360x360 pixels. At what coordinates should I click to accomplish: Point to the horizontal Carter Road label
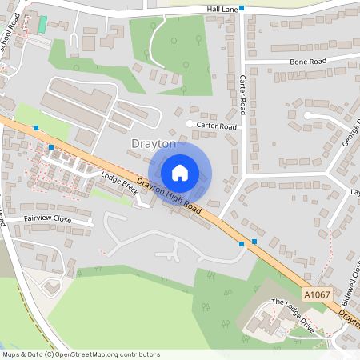[218, 126]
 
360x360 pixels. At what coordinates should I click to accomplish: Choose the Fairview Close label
[48, 218]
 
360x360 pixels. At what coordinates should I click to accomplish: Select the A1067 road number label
[318, 294]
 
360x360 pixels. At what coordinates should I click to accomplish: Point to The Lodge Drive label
[294, 314]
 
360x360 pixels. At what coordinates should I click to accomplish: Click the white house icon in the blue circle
[180, 172]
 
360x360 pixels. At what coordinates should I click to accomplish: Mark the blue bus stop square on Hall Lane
[242, 8]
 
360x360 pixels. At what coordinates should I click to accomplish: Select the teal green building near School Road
[42, 24]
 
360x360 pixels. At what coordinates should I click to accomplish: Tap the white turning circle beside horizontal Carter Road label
[190, 124]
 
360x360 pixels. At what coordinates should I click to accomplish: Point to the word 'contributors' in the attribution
[138, 354]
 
